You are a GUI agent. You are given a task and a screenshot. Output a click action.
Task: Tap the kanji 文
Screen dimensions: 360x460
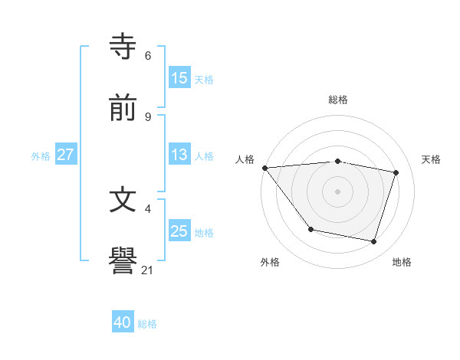click(x=123, y=200)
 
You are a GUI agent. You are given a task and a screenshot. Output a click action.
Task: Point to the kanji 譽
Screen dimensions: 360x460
click(x=123, y=261)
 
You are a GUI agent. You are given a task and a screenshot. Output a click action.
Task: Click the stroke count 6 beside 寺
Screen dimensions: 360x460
click(x=148, y=55)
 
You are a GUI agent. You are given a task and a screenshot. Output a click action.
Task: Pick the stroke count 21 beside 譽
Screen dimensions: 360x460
click(x=148, y=270)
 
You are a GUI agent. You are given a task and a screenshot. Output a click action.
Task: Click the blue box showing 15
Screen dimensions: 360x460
click(x=179, y=78)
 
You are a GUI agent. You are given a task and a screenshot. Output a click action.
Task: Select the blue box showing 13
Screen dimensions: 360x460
click(x=179, y=155)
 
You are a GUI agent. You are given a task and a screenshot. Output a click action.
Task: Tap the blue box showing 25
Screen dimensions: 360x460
click(x=179, y=231)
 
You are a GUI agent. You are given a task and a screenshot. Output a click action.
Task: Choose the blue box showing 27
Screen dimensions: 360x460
click(x=66, y=155)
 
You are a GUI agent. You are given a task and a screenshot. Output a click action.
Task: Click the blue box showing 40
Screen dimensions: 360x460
click(x=123, y=322)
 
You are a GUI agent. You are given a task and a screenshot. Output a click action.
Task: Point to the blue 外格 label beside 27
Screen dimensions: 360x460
click(x=41, y=155)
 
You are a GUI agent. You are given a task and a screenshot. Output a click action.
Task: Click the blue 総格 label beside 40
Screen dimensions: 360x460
click(x=147, y=323)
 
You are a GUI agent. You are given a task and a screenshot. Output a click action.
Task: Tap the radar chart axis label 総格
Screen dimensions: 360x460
click(x=337, y=100)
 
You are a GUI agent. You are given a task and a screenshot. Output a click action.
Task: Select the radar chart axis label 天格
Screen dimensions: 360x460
click(x=432, y=159)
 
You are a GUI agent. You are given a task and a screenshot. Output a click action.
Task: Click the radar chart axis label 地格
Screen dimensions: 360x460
click(x=402, y=262)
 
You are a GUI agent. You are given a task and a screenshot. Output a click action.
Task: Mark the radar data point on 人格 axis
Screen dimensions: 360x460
click(x=264, y=168)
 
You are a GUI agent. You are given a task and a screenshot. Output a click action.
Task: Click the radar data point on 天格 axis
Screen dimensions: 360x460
click(x=396, y=172)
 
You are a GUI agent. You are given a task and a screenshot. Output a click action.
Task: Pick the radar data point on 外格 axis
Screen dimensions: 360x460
click(x=310, y=229)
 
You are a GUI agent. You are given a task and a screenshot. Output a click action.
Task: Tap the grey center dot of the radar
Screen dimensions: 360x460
click(x=337, y=191)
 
